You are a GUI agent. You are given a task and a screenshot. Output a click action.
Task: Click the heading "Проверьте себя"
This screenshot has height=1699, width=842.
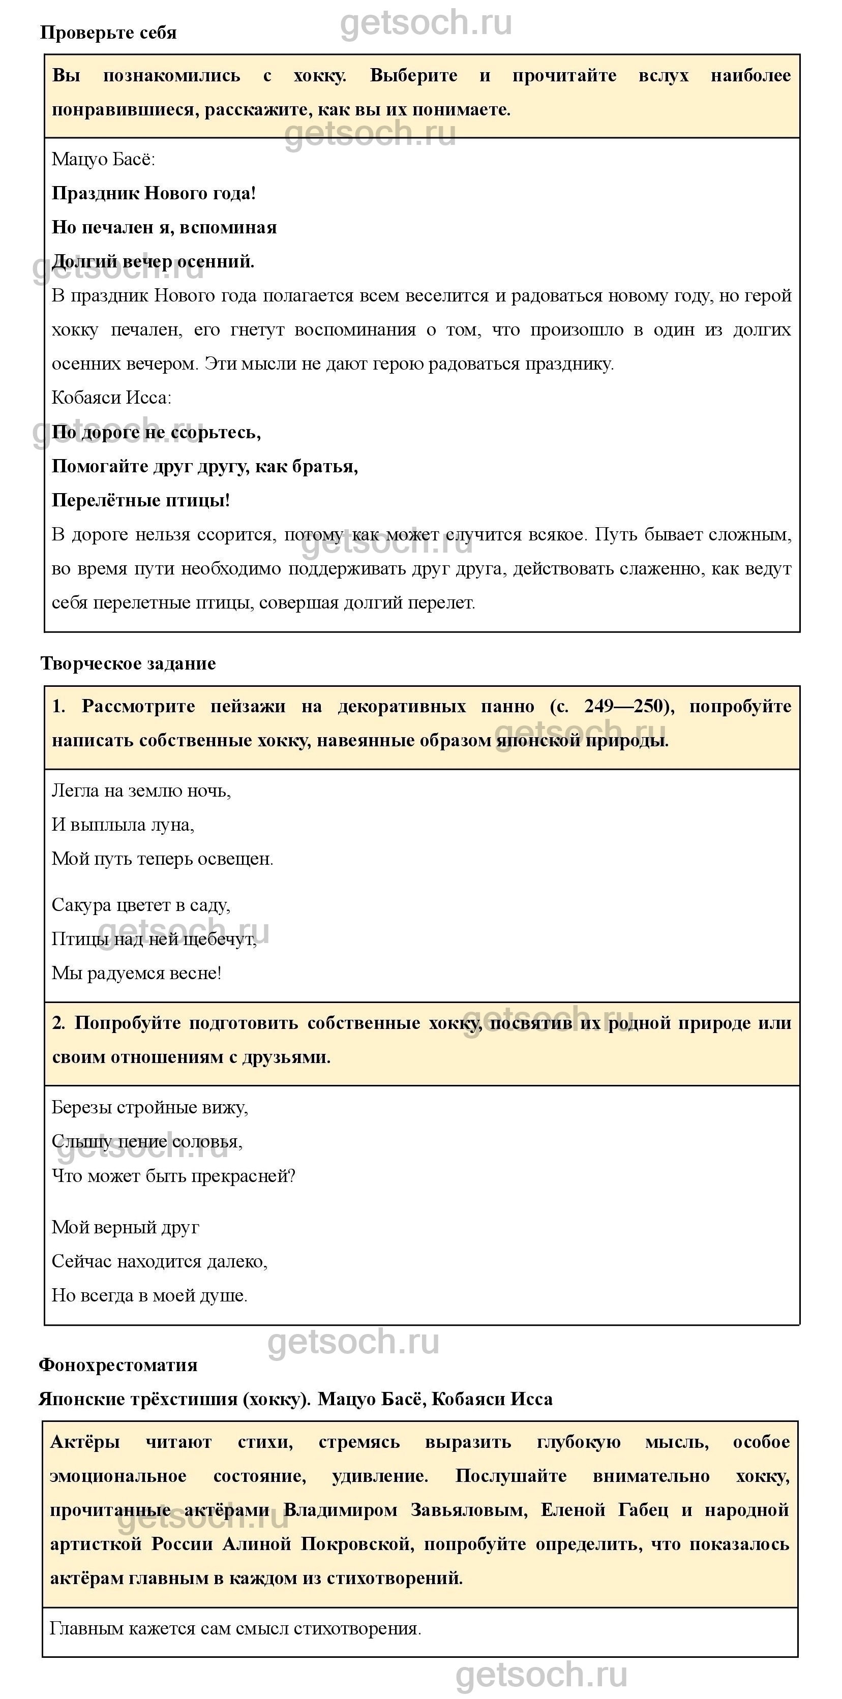pyautogui.click(x=108, y=33)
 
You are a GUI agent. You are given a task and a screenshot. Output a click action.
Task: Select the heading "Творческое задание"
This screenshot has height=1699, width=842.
pyautogui.click(x=128, y=663)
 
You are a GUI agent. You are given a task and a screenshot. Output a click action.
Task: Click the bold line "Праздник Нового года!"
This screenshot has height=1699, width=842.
pyautogui.click(x=154, y=193)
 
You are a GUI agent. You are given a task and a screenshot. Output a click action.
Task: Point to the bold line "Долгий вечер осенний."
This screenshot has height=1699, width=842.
pyautogui.click(x=153, y=262)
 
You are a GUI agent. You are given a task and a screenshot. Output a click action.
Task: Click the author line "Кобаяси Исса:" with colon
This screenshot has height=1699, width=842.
pyautogui.click(x=111, y=398)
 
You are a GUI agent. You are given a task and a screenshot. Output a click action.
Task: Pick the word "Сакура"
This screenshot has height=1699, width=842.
pyautogui.click(x=81, y=905)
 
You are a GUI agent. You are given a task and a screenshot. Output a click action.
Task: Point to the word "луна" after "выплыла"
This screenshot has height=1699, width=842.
pyautogui.click(x=172, y=825)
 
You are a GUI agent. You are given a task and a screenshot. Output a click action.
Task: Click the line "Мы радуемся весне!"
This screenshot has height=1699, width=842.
pyautogui.click(x=137, y=973)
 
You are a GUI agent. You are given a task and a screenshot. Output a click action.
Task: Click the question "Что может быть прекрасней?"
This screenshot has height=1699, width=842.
pyautogui.click(x=173, y=1176)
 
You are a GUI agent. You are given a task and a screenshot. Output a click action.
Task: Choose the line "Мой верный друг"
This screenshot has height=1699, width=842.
pyautogui.click(x=126, y=1227)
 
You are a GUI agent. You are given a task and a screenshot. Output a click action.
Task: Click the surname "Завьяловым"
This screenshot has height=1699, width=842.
pyautogui.click(x=468, y=1510)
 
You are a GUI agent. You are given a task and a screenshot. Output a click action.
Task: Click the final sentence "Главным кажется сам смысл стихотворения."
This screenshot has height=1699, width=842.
pyautogui.click(x=235, y=1628)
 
